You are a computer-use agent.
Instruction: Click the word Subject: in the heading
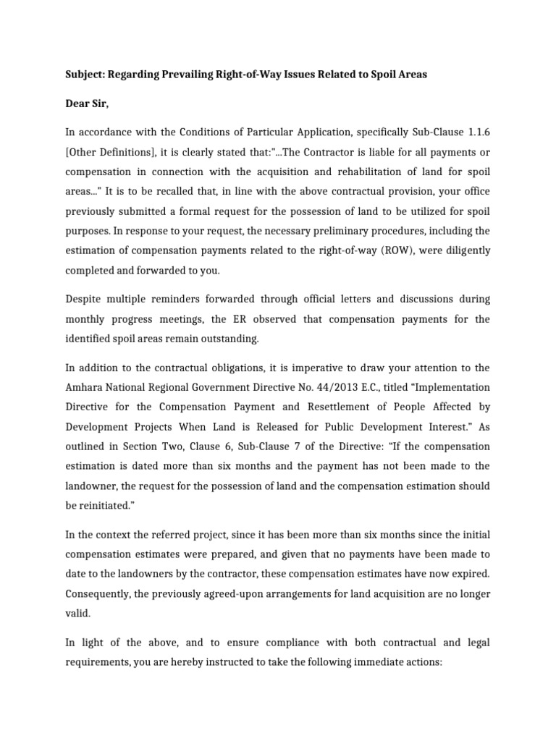tap(85, 75)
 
